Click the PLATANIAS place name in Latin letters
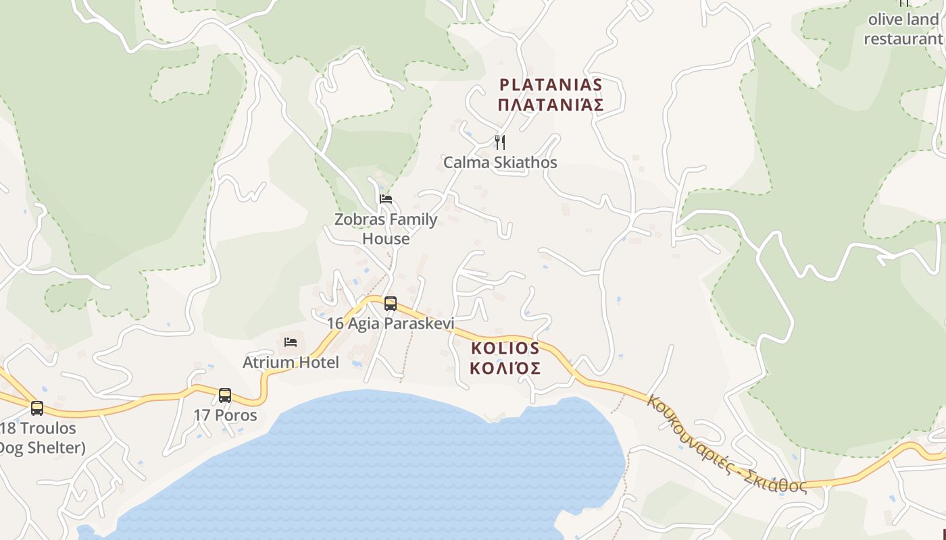[x=550, y=85]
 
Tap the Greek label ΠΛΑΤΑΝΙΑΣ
[x=550, y=105]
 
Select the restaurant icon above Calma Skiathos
[x=500, y=142]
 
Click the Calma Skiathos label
[x=500, y=163]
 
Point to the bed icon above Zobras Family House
[x=386, y=198]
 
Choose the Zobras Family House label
[x=386, y=229]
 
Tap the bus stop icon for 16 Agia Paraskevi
[x=390, y=303]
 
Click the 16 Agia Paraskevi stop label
[x=391, y=323]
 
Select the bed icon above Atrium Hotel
[x=291, y=342]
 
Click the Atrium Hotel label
[x=291, y=362]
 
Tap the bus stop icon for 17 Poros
[x=225, y=396]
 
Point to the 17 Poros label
[x=225, y=415]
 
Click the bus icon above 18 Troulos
[x=37, y=408]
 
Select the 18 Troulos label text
[x=39, y=428]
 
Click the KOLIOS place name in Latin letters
[x=505, y=348]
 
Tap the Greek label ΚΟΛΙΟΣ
[x=505, y=369]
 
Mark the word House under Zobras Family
[x=386, y=239]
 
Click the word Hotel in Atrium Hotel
[x=317, y=362]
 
